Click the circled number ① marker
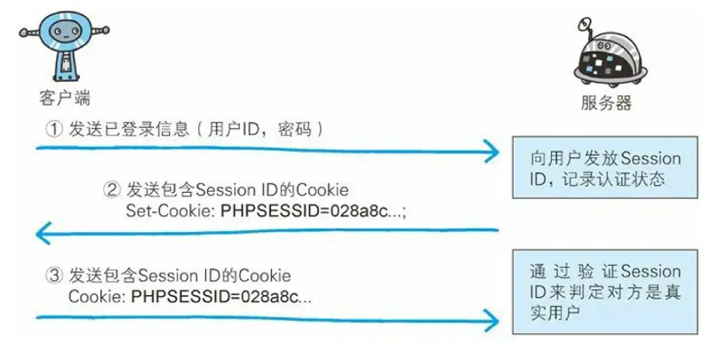pos(55,129)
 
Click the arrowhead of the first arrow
pos(491,150)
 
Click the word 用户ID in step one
pos(235,129)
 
